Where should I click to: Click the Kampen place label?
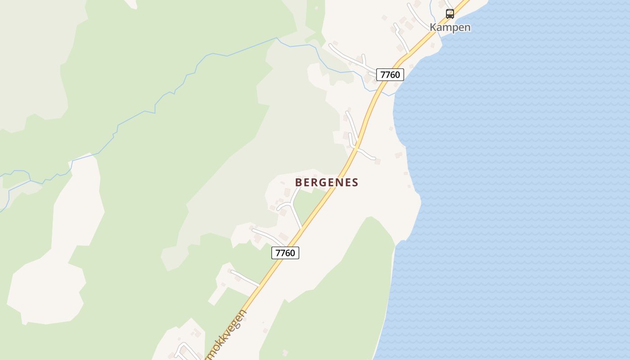[450, 27]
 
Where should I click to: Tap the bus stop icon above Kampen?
[450, 13]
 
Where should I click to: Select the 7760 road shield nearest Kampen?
[390, 75]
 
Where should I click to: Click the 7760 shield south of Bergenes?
[285, 253]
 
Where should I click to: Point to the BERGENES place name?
[327, 183]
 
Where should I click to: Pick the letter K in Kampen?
[433, 27]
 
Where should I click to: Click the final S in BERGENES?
[355, 183]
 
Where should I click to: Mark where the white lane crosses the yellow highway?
[356, 147]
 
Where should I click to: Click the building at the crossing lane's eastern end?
[378, 162]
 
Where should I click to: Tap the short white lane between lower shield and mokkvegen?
[244, 278]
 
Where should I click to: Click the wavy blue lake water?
[517, 180]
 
